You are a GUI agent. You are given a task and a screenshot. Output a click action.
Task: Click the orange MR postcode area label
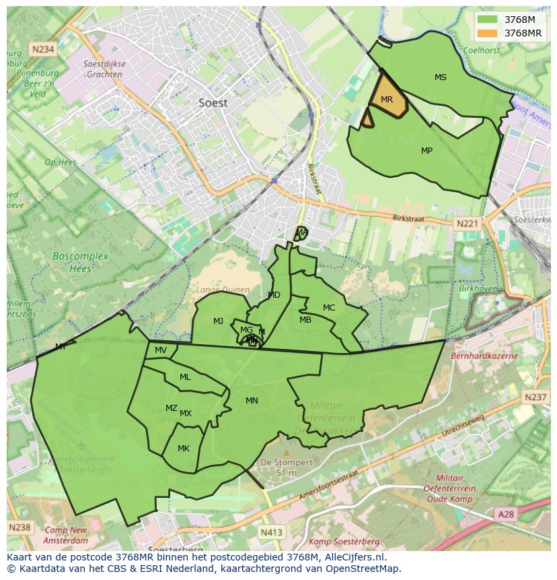[386, 100]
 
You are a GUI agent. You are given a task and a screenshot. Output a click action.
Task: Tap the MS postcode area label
[440, 77]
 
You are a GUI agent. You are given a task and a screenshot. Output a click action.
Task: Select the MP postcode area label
[426, 151]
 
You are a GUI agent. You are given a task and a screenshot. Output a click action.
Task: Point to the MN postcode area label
[252, 401]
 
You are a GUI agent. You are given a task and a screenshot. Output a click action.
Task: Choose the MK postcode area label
[184, 449]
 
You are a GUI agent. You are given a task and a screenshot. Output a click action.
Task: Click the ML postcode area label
[185, 377]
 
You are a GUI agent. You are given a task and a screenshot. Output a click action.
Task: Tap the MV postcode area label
[160, 350]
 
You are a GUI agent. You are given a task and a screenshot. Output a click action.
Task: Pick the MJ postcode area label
[218, 321]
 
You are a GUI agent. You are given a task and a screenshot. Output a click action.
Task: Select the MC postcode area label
[328, 308]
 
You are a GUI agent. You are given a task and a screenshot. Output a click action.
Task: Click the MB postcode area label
[305, 320]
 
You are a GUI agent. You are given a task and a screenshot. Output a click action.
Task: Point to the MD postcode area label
[274, 295]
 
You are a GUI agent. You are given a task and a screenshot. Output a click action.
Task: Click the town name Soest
[213, 103]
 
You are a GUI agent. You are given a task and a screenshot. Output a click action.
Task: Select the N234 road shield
[42, 49]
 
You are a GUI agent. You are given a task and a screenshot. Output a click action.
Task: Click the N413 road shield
[271, 532]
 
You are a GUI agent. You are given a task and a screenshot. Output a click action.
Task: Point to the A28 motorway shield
[507, 514]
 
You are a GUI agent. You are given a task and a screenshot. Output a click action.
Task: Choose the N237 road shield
[535, 397]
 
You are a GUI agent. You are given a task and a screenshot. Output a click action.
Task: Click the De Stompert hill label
[286, 463]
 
